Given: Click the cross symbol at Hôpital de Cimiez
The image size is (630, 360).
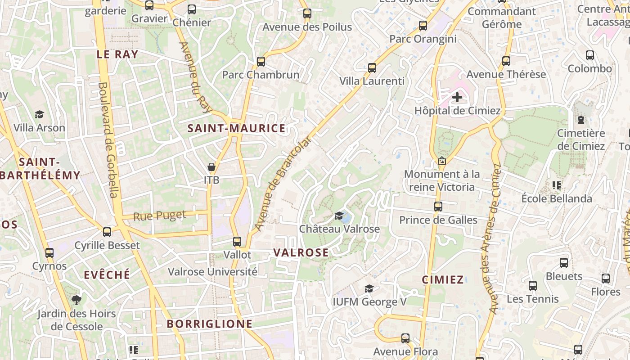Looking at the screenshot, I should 457,97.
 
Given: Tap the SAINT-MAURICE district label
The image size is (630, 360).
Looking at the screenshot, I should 236,129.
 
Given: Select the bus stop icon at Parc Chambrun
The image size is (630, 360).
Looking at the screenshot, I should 261,62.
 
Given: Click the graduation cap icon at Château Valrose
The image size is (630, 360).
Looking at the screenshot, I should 339,216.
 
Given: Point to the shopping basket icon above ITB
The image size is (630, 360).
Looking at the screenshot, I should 211,167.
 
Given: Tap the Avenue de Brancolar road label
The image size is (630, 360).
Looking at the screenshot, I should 283,184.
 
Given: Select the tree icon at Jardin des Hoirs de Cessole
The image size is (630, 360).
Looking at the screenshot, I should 76,300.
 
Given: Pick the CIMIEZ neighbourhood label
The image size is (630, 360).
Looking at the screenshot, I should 443,280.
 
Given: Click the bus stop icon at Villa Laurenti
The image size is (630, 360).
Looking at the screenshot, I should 372,68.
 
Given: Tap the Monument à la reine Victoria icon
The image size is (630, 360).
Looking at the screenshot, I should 442,161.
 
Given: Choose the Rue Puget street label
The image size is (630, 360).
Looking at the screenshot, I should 160,216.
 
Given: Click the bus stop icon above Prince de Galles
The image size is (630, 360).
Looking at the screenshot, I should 438,207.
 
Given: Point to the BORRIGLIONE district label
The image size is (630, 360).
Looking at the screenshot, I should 210,324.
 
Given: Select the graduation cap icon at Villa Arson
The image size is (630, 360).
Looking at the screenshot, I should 39,115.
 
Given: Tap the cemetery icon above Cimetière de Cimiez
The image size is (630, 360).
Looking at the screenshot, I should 581,120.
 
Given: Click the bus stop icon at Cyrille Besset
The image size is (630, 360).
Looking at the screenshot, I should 107,232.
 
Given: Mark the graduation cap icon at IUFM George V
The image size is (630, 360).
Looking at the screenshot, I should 369,288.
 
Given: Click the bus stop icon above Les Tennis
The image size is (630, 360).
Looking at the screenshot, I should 533,285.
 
